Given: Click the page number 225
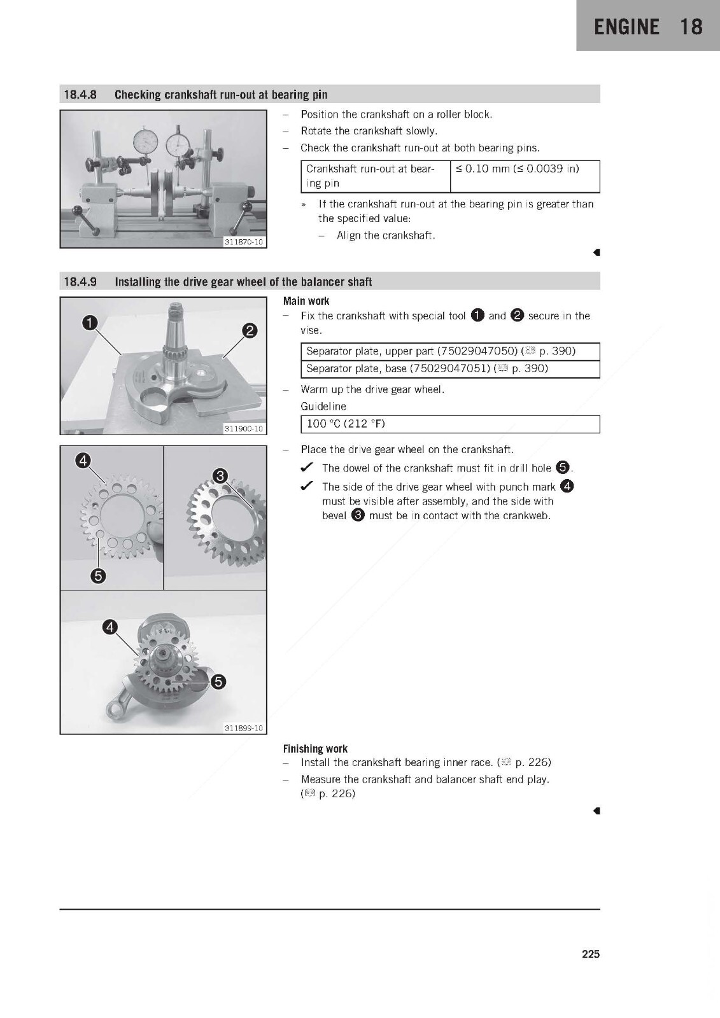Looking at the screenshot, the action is tap(590, 954).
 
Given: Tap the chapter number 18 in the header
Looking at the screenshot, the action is tap(691, 27).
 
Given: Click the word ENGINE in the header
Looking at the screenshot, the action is tap(626, 27).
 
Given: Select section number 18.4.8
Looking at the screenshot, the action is tap(80, 95).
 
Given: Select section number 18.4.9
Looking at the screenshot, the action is tap(80, 282).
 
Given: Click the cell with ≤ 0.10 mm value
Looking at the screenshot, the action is tap(525, 176).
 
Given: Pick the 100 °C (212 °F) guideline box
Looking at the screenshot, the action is tap(450, 424).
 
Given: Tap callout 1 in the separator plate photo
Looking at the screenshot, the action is tap(90, 323).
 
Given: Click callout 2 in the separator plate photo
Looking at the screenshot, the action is tap(250, 330).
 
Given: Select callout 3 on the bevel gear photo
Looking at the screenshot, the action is tap(220, 476).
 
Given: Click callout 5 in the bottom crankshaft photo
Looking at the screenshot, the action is tap(218, 681).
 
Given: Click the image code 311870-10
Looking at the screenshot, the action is tap(244, 242).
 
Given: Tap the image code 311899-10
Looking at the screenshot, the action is tap(244, 729).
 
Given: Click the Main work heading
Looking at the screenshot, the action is tap(306, 301).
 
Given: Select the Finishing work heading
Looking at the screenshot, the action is tap(315, 749).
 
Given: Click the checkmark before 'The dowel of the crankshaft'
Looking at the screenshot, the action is tap(307, 467).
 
